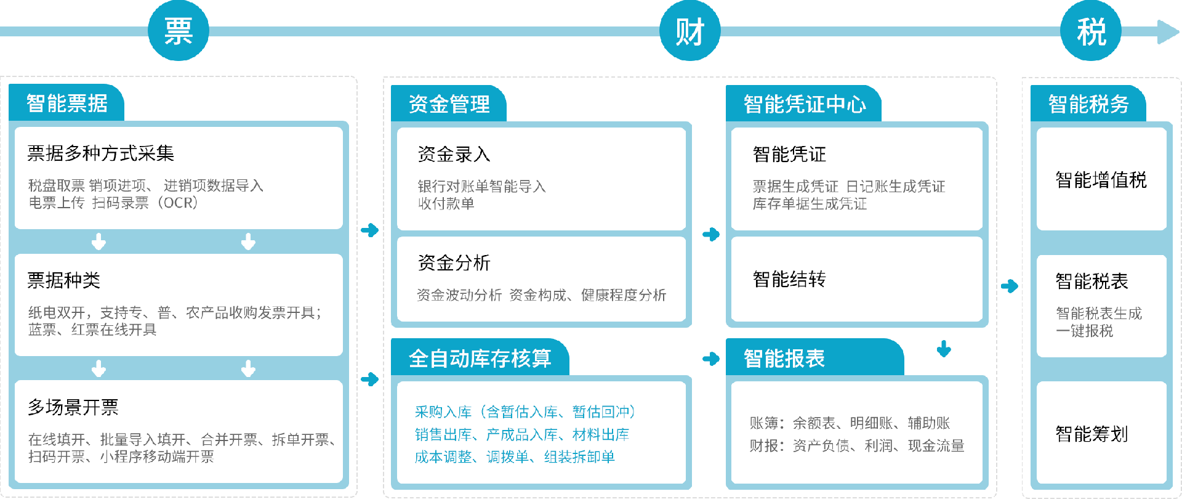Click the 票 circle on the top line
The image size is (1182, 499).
[x=179, y=31]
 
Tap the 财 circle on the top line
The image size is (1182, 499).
[x=689, y=31]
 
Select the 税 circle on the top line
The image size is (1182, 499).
[x=1090, y=31]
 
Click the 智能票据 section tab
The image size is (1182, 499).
[x=67, y=103]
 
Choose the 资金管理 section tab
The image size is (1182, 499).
[x=449, y=104]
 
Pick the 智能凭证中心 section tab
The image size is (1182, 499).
[x=804, y=104]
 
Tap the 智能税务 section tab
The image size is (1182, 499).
[x=1088, y=104]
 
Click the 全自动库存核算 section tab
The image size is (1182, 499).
[x=480, y=358]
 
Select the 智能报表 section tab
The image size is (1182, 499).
[x=784, y=358]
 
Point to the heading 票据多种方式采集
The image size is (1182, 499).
[x=101, y=153]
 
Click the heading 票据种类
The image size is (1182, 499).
[x=64, y=280]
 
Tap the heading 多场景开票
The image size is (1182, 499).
[x=73, y=407]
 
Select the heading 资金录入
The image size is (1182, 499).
[x=454, y=154]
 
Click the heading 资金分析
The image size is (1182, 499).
[x=454, y=263]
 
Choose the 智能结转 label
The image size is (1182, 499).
[x=789, y=279]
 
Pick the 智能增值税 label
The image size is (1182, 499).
[x=1101, y=180]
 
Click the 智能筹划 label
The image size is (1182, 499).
[x=1092, y=434]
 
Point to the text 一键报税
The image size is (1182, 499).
[x=1084, y=331]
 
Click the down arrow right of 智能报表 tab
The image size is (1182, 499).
[x=944, y=349]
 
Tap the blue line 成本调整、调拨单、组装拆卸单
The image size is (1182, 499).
[x=515, y=457]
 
